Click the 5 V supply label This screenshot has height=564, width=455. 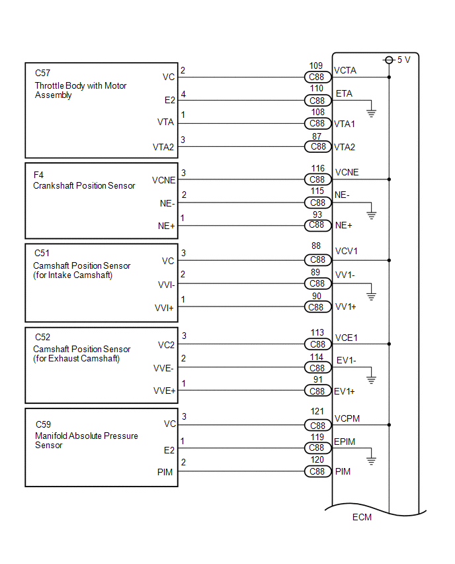click(x=403, y=60)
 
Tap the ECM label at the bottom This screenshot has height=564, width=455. click(x=362, y=517)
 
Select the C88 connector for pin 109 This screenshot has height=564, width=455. click(x=317, y=77)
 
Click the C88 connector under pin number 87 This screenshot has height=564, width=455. click(x=317, y=147)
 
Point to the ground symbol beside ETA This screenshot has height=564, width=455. click(x=371, y=113)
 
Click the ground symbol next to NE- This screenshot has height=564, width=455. click(x=371, y=214)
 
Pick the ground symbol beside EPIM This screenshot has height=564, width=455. click(x=371, y=460)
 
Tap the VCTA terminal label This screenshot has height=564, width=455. click(x=346, y=70)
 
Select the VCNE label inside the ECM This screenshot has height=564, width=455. click(x=347, y=172)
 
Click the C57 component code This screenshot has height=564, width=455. click(x=42, y=73)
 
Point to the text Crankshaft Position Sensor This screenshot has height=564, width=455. click(x=84, y=186)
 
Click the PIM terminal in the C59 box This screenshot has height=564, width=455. click(x=168, y=471)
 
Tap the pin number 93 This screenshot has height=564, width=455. click(x=317, y=214)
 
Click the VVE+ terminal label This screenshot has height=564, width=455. click(x=165, y=391)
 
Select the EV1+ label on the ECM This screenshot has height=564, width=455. click(x=345, y=391)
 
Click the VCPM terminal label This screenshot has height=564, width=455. click(x=347, y=419)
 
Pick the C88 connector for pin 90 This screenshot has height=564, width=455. click(x=317, y=307)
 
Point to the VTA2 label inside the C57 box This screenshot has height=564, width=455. click(x=163, y=147)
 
